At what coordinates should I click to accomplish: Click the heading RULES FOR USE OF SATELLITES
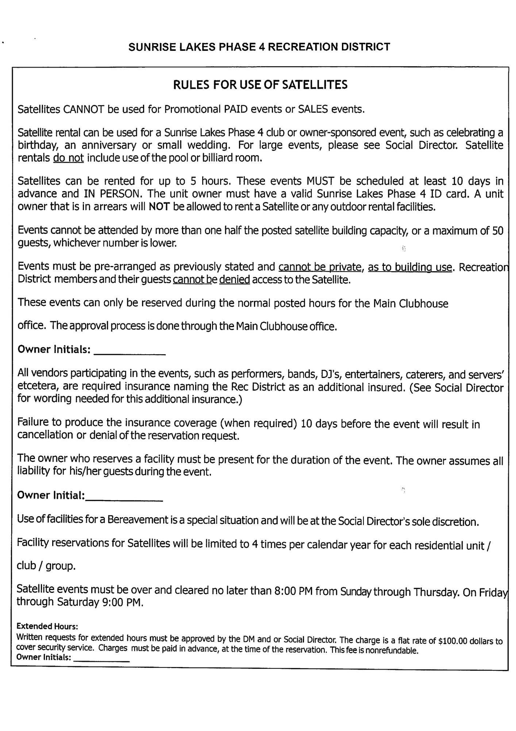coord(260,85)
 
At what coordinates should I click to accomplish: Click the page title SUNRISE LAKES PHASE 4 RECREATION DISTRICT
coord(259,47)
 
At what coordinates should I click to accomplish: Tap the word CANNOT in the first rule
coord(84,109)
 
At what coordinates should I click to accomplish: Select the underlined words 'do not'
coord(68,158)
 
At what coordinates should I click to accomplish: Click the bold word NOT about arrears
coord(159,207)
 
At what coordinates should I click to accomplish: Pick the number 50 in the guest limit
coord(497,231)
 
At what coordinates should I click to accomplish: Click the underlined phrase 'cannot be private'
coord(320,267)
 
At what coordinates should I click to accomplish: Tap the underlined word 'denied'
coord(234,280)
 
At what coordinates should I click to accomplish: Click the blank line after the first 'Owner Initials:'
coord(130,353)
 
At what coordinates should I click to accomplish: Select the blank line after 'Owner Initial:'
coord(124,499)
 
